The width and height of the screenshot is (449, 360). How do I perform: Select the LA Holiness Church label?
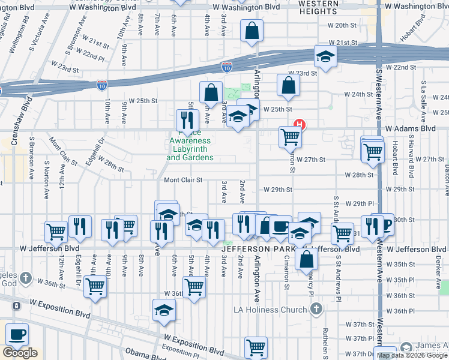(x=271, y=310)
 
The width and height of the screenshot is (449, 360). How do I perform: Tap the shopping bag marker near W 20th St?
(x=252, y=30)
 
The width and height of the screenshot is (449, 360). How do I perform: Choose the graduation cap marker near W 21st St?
(x=325, y=57)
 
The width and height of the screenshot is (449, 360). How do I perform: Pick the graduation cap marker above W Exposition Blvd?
(x=163, y=311)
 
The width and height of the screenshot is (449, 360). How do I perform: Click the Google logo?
(x=20, y=353)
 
